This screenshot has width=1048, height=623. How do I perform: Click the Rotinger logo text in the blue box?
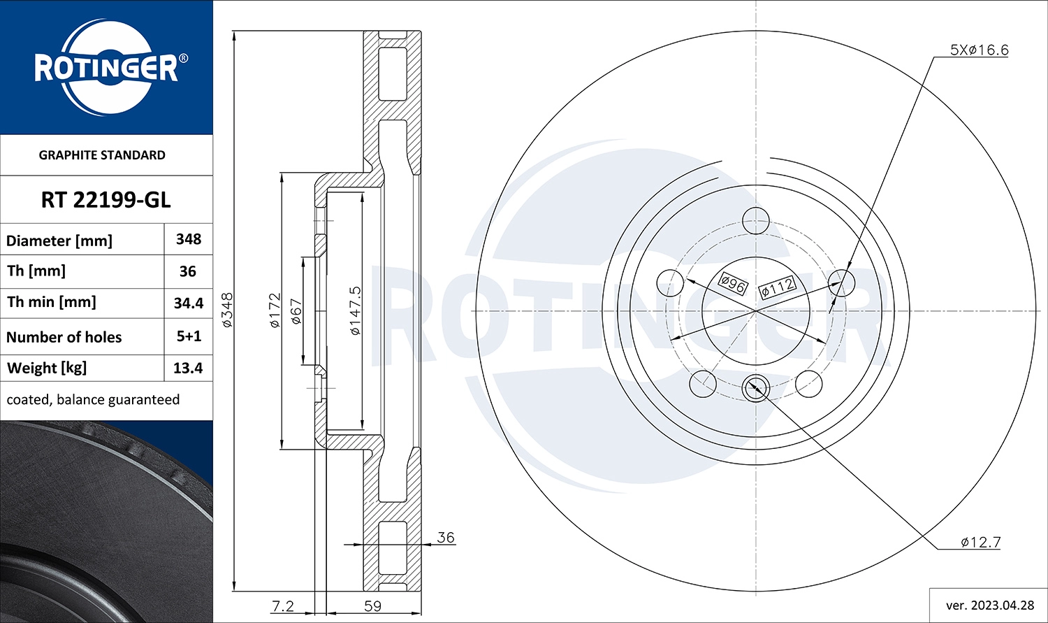coord(106,69)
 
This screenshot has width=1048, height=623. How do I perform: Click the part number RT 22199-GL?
coord(105,200)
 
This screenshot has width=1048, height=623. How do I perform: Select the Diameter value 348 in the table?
coord(189,240)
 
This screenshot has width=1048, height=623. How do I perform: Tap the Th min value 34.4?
coord(189,303)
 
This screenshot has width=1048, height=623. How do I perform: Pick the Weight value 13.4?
coord(188,368)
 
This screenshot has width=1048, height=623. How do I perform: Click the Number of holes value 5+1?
coord(189,336)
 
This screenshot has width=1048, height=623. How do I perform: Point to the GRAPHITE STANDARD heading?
coord(102,155)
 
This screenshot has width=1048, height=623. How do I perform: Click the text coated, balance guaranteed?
coord(93,400)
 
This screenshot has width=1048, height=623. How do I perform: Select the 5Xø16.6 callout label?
coord(979,50)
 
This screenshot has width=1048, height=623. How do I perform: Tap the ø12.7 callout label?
coord(980,542)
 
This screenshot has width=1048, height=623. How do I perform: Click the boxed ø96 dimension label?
coord(733,283)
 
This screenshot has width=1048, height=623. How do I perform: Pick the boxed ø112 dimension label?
coord(778,286)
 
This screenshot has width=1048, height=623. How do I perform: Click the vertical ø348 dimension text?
coord(228,310)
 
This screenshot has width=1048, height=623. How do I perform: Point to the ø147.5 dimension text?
coord(355,310)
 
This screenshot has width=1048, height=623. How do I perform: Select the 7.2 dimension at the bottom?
coord(283,606)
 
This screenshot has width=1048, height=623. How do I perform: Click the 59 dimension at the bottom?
coord(373,606)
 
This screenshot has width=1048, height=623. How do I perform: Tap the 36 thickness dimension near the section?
coord(445,537)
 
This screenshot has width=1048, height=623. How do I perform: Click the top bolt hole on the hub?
coord(755,221)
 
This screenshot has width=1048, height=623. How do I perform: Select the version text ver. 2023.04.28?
coord(989,605)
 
